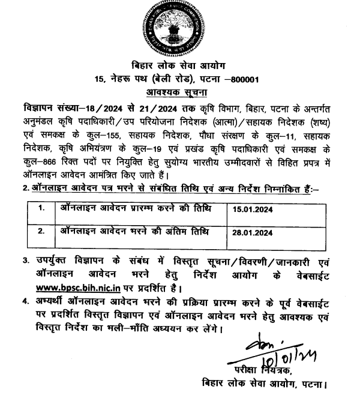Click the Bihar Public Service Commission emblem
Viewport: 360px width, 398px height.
[180, 29]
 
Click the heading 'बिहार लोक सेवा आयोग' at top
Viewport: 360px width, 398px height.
[179, 65]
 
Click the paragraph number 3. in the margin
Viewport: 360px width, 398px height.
[26, 261]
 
